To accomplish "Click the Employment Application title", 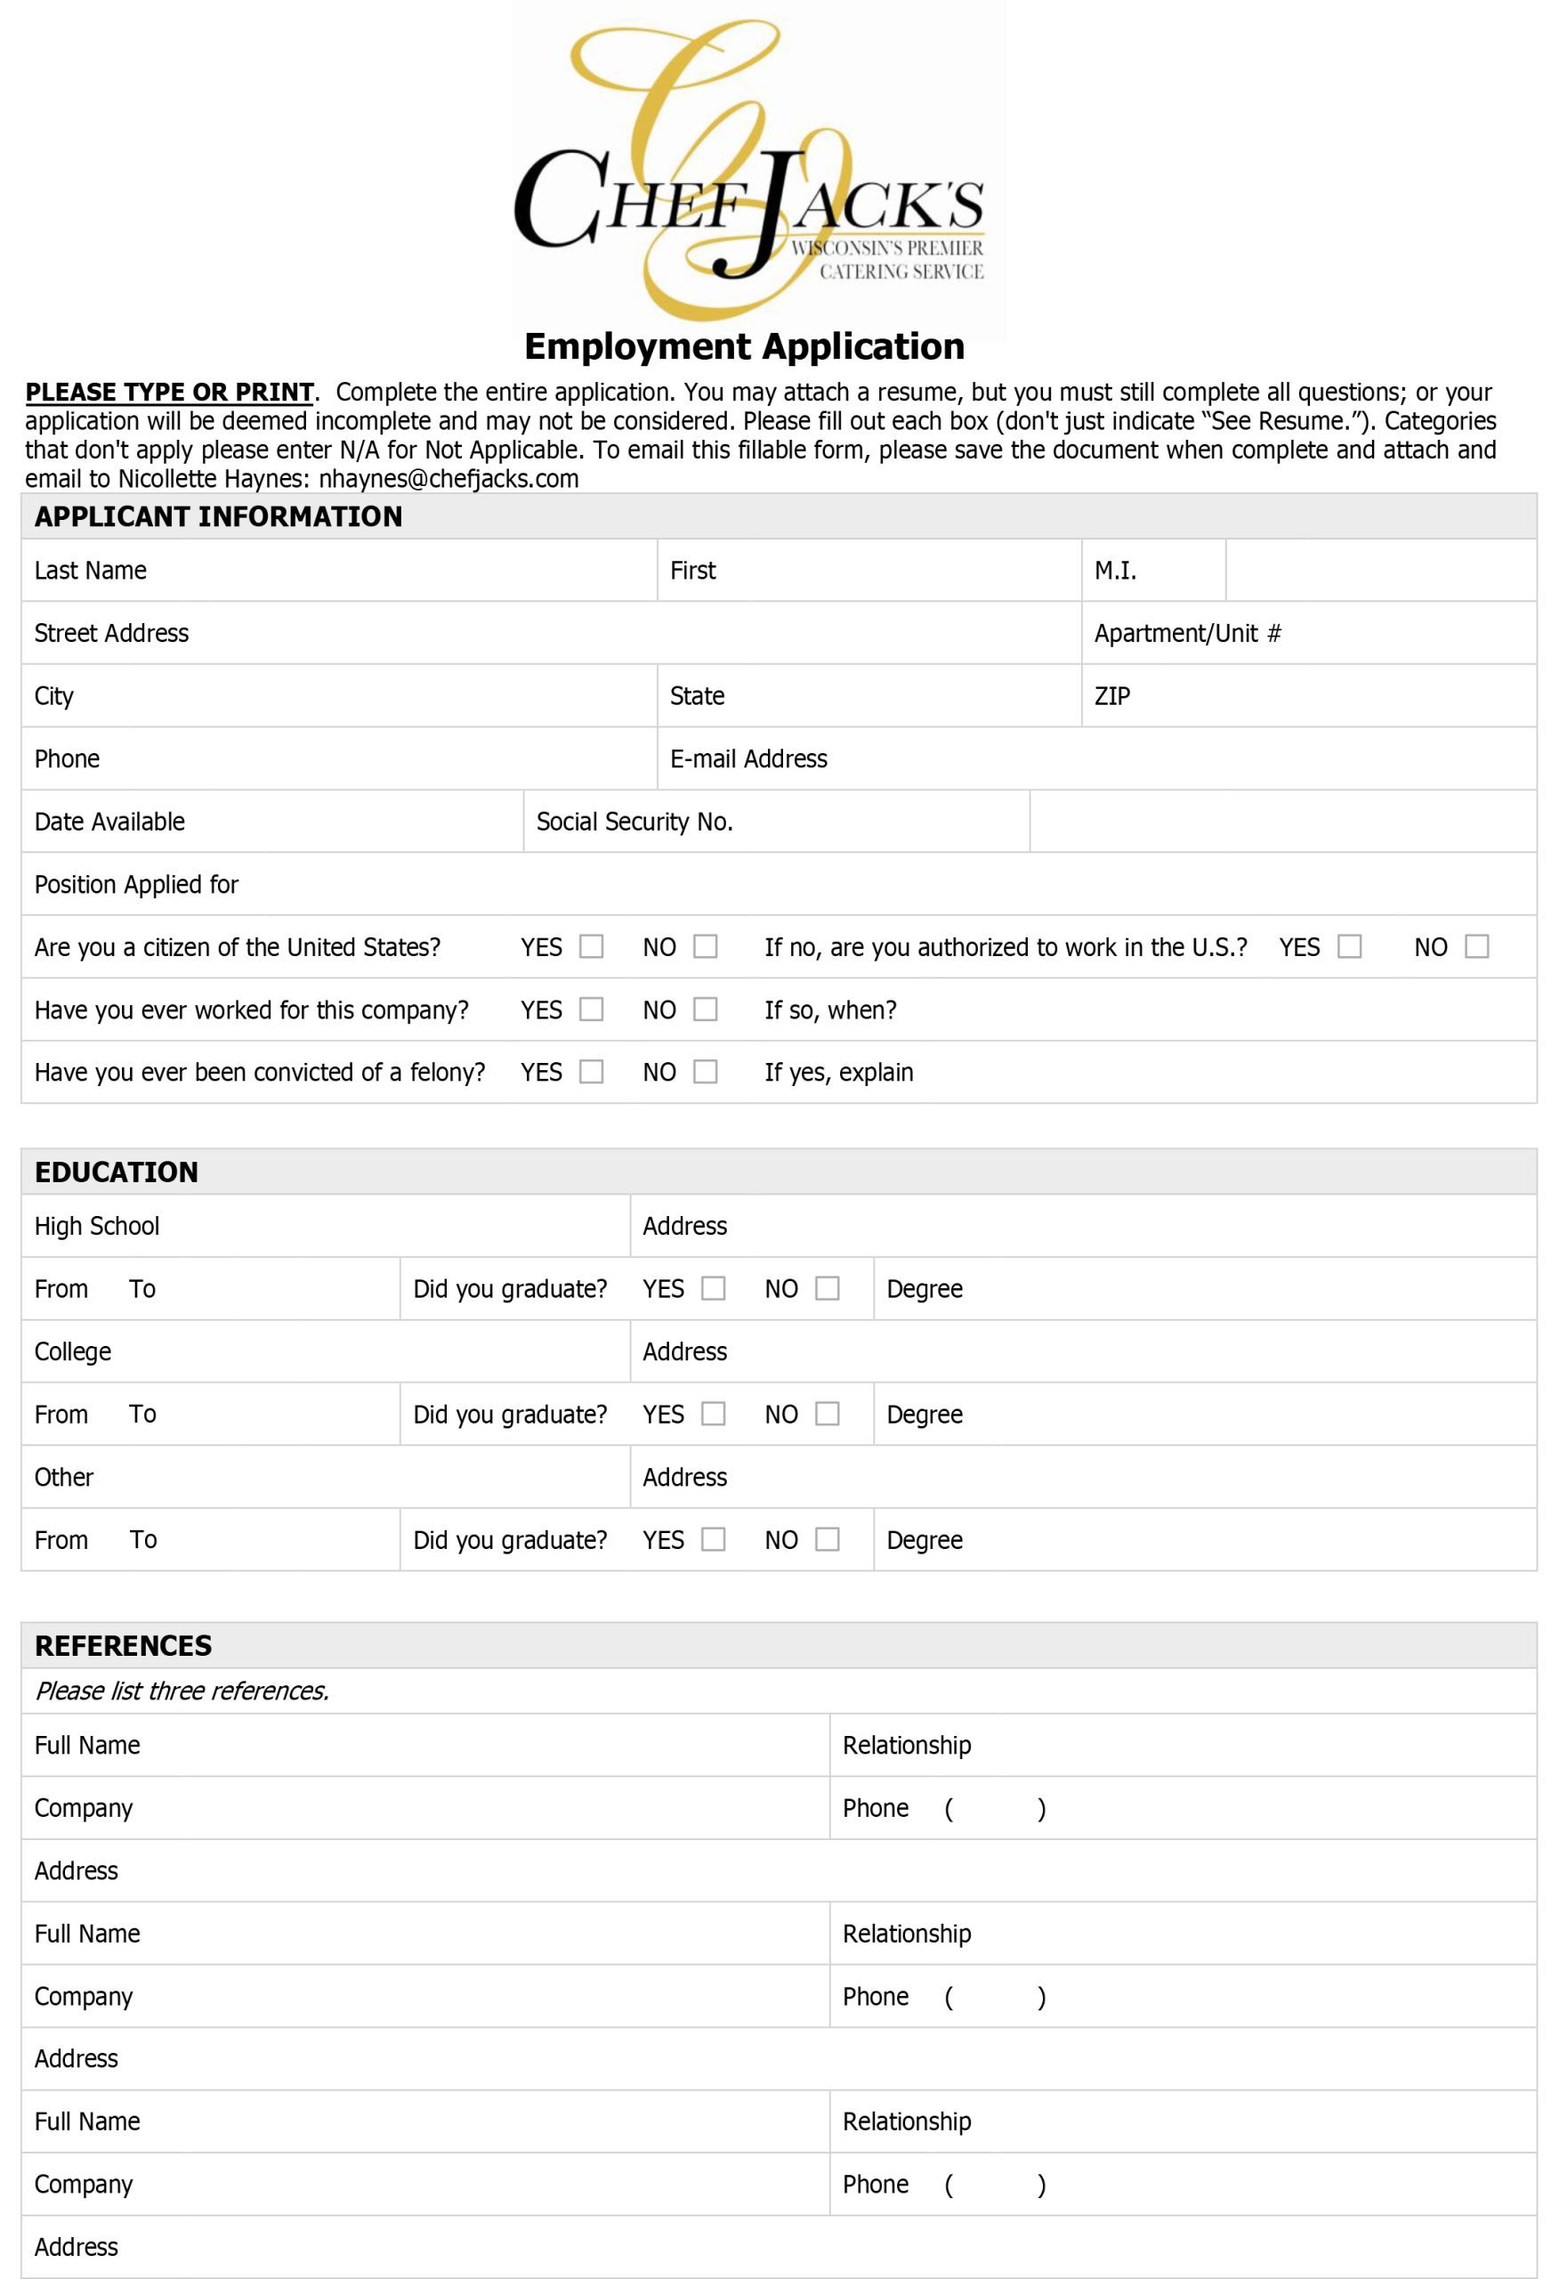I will coord(744,346).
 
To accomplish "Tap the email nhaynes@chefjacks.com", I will coord(448,479).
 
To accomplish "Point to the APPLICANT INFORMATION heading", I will coord(218,517).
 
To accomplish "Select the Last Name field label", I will coord(90,571).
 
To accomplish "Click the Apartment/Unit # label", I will coord(1186,634).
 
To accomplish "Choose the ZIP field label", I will coord(1111,696).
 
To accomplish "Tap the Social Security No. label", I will coord(634,822).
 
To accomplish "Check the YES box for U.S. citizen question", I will coord(591,946).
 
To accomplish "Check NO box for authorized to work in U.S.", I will coord(1475,946).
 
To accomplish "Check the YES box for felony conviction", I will coord(591,1072).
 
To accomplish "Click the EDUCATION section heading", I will coord(116,1172).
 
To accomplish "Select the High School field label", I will coord(96,1226).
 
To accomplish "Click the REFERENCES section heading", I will coord(123,1645).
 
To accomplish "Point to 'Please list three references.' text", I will coord(182,1691).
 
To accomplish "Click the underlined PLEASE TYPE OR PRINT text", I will coord(169,393).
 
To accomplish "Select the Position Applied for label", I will coord(136,885).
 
